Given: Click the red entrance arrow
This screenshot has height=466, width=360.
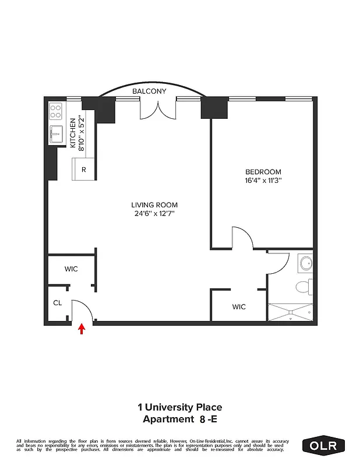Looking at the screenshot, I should point(82,330).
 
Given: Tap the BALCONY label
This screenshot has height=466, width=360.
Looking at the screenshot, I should point(149,91).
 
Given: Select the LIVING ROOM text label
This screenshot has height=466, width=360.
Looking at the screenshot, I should point(154,205).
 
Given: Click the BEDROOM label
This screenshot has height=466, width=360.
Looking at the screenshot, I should point(263,172).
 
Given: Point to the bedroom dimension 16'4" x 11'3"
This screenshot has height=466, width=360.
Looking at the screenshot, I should point(263,181).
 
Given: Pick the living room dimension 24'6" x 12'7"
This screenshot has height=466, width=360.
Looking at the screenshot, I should point(154,214).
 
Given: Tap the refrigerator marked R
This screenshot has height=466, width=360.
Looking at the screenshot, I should point(84,170).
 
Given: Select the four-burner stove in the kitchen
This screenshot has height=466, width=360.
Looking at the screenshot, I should point(56,110).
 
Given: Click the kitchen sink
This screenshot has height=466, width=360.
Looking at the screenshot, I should point(56,135).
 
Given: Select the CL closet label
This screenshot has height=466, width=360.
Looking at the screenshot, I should point(58,303).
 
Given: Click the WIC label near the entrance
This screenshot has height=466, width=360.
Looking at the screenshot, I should point(71,269).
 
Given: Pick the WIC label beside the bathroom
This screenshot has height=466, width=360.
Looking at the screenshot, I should point(239,306).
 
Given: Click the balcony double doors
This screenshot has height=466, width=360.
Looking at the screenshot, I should point(157,109).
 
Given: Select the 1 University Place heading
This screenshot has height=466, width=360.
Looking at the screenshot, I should point(179,408).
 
